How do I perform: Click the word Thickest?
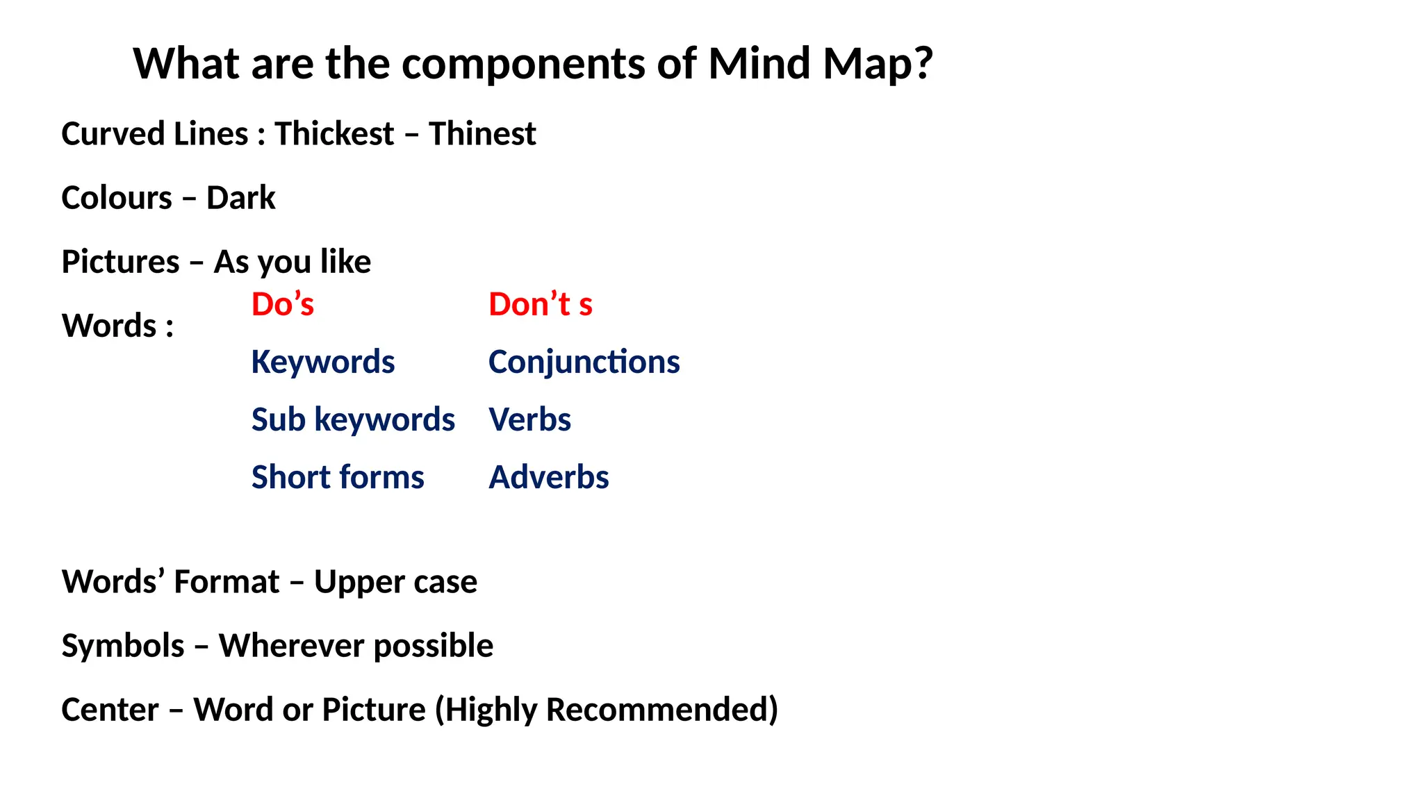coord(334,133)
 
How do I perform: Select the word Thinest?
coord(482,133)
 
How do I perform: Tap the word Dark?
coord(240,198)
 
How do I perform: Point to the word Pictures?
coord(120,262)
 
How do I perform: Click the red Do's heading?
coord(282,304)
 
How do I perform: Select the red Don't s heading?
coord(540,304)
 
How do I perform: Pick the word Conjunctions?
coord(584,362)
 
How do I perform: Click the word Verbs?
coord(529,419)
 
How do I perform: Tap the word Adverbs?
coord(548,477)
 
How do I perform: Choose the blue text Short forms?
coord(338,477)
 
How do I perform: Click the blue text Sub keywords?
coord(353,419)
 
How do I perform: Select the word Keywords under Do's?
coord(323,362)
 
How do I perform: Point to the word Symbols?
coord(123,646)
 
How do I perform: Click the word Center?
coord(110,710)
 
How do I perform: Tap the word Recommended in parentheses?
coord(661,710)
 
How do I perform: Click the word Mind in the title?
coord(759,64)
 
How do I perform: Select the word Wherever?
coord(290,646)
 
